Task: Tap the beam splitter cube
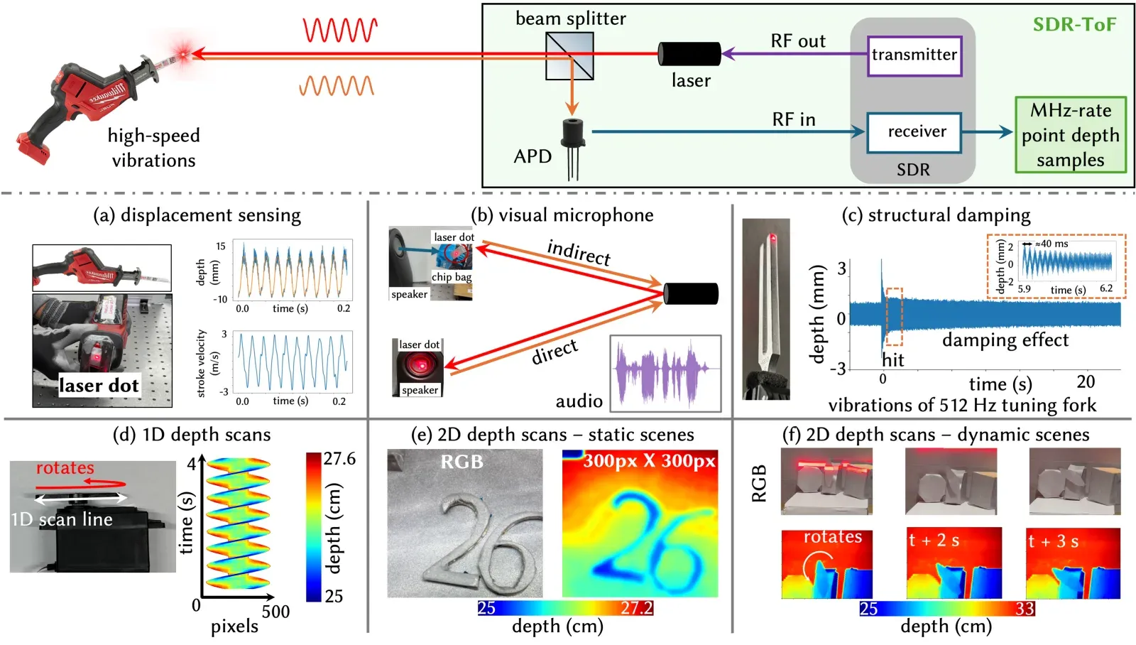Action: [x=569, y=56]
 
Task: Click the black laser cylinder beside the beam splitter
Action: [x=689, y=54]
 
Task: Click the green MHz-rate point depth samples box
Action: [x=1070, y=135]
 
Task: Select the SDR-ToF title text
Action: [x=1074, y=24]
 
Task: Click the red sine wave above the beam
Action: [x=340, y=30]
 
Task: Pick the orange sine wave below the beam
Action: [x=337, y=86]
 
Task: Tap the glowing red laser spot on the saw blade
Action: [x=182, y=53]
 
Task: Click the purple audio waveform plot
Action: [x=665, y=373]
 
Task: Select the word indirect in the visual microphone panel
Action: [x=579, y=252]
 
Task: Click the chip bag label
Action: [x=452, y=277]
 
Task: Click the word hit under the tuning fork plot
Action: [x=893, y=360]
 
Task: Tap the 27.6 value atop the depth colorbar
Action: [x=340, y=459]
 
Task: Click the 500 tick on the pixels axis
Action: [x=275, y=612]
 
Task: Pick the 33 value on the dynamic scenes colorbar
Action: [x=1025, y=608]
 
